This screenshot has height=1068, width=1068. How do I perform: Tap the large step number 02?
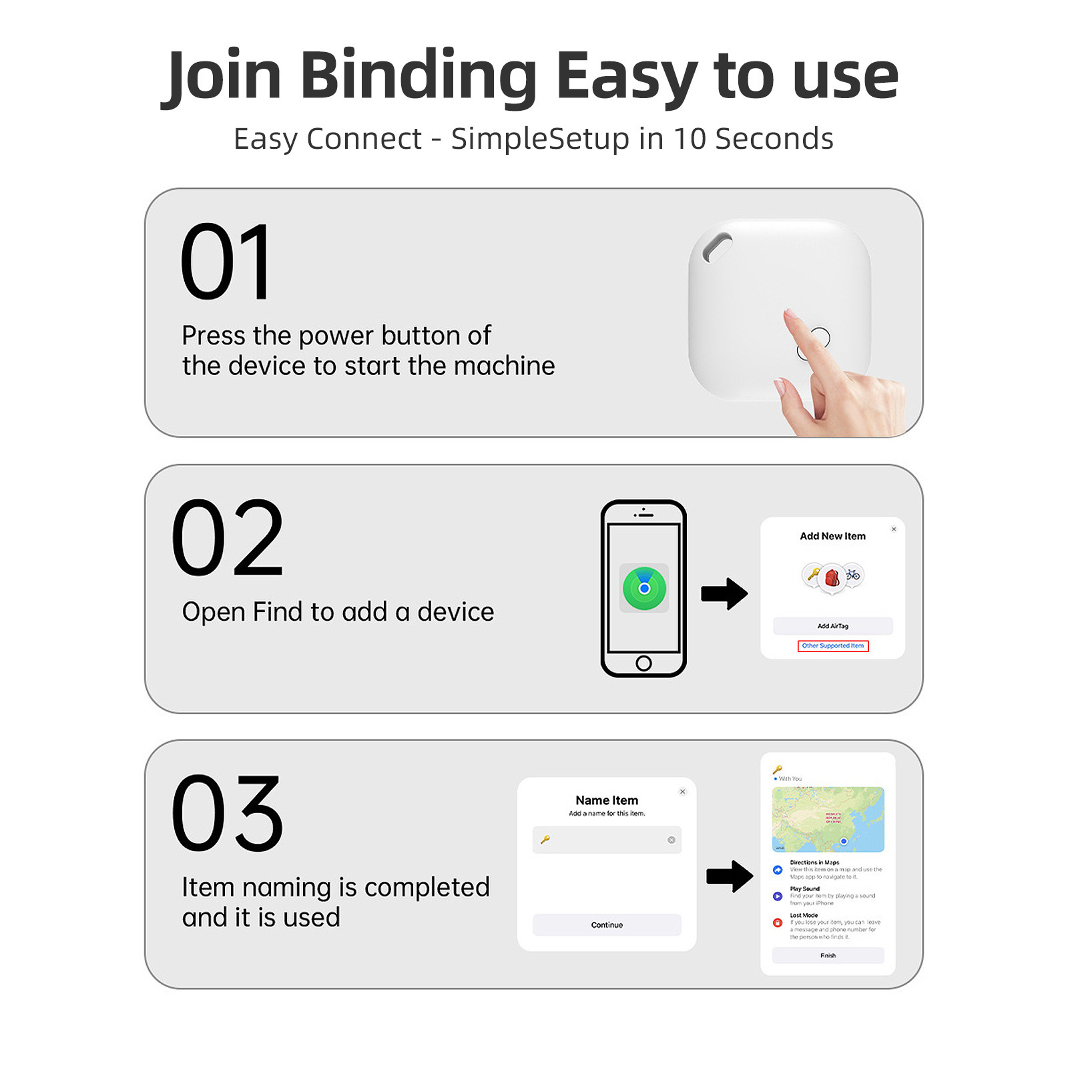click(228, 538)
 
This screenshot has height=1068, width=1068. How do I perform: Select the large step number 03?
click(228, 814)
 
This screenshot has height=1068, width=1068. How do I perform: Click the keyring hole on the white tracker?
click(717, 247)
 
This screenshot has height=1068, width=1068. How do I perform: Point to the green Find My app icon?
click(644, 588)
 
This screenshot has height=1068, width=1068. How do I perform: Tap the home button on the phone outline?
click(643, 663)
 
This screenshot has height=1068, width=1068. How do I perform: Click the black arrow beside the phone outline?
click(724, 593)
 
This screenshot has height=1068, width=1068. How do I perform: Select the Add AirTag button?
click(832, 626)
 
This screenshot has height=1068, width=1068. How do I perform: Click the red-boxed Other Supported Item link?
click(832, 646)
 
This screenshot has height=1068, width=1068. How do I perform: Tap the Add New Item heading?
click(832, 536)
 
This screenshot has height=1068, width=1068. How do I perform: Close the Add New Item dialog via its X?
click(894, 529)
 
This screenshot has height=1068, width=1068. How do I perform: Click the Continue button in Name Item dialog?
click(607, 924)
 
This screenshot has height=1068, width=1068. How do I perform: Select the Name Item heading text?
click(607, 800)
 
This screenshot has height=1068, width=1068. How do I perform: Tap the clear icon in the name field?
click(672, 840)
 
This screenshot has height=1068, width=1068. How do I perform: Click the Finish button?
click(828, 955)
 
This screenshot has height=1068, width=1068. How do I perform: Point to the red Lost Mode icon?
click(778, 922)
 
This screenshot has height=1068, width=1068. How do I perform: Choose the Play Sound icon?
click(778, 896)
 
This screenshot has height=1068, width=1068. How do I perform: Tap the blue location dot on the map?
click(844, 841)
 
